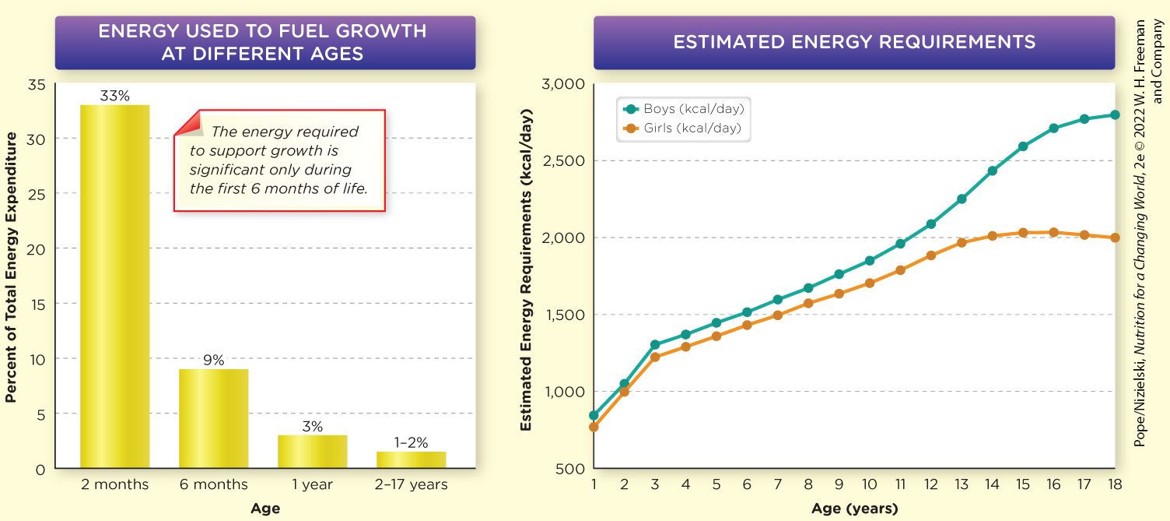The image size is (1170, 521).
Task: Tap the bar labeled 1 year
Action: [x=312, y=452]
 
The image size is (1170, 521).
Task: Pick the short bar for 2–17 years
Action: [x=411, y=459]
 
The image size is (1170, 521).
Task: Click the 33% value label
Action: [x=114, y=96]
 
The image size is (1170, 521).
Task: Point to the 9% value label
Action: [x=213, y=360]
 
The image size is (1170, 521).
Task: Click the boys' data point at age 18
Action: [x=1115, y=114]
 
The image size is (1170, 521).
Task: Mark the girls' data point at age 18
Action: [x=1115, y=238]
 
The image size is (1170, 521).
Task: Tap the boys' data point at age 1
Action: [x=594, y=415]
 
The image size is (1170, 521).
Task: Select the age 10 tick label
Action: [x=869, y=484]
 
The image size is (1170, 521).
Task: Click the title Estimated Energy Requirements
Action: [x=854, y=42]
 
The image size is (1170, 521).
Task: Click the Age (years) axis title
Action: [x=854, y=509]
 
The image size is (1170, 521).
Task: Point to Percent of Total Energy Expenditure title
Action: [x=11, y=267]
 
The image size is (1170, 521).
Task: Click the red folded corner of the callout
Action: [x=187, y=123]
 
